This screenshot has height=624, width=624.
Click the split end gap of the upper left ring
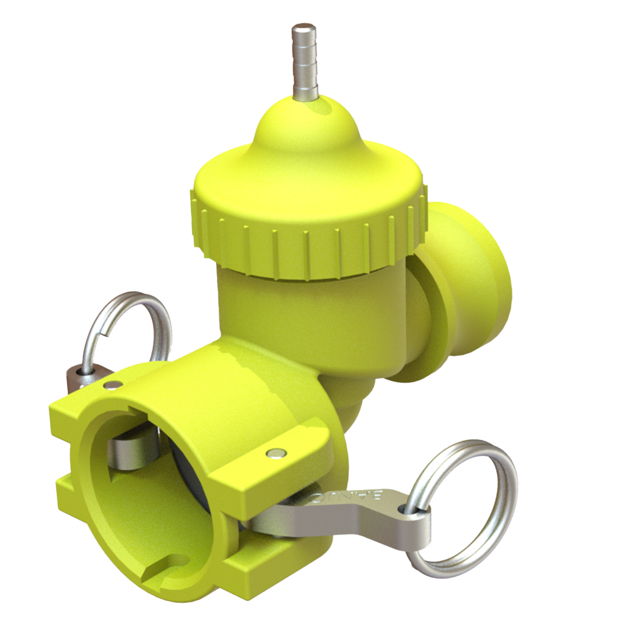(x=107, y=332)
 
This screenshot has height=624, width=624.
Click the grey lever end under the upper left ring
(x=85, y=377)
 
